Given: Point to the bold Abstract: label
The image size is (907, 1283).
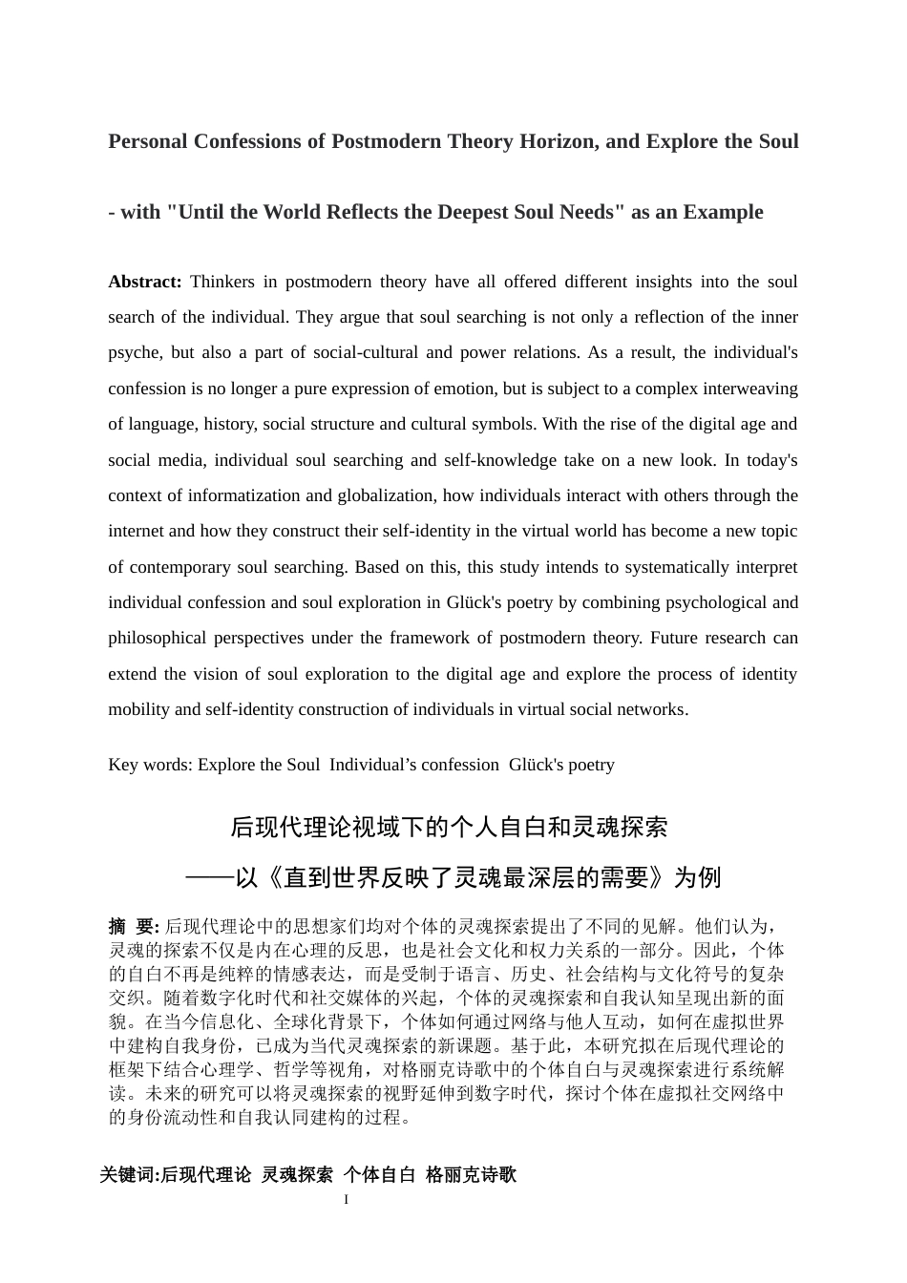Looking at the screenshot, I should [145, 283].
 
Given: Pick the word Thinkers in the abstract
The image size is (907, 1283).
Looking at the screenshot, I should [223, 283].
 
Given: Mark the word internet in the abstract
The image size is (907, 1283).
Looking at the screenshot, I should [136, 532].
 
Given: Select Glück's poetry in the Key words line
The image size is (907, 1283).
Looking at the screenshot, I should [561, 766].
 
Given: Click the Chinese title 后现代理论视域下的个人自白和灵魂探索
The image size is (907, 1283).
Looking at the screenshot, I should [449, 828].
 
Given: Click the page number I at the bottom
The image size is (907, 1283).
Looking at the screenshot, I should [346, 1200].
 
